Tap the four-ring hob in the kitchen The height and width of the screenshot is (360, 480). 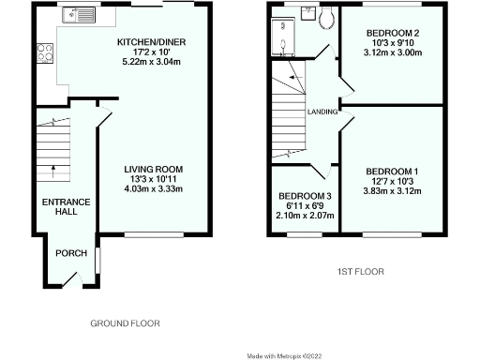(x=44, y=54)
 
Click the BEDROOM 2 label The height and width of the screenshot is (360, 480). (x=392, y=33)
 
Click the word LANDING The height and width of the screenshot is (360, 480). (x=322, y=112)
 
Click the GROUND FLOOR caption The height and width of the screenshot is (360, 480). (x=125, y=323)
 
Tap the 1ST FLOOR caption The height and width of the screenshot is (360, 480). (x=361, y=272)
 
